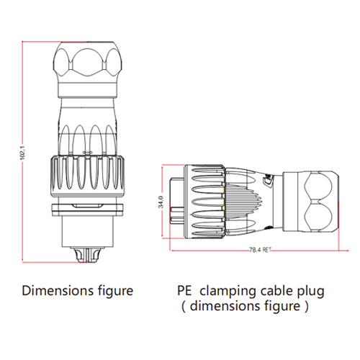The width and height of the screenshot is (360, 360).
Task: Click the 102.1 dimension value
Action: (x=22, y=152)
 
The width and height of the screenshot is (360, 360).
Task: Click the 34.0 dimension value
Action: (x=161, y=202)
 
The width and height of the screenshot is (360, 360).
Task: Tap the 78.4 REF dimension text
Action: (x=260, y=250)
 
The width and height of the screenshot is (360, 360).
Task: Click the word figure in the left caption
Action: (x=116, y=292)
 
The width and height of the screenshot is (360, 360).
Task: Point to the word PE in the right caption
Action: (x=184, y=291)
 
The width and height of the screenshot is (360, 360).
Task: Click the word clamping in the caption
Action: (x=228, y=292)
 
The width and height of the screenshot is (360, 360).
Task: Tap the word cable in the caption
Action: (x=276, y=291)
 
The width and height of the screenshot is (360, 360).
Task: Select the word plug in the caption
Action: (x=311, y=292)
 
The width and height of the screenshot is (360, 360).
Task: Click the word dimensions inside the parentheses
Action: (x=225, y=306)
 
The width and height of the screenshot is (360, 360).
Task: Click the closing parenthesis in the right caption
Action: (x=306, y=307)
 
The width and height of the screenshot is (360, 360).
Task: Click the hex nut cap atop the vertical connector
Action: (x=88, y=63)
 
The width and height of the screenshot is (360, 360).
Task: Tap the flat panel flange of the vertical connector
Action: (x=88, y=210)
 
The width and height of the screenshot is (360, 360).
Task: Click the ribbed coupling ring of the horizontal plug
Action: (x=204, y=202)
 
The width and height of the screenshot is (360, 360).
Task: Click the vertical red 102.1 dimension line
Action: (x=22, y=152)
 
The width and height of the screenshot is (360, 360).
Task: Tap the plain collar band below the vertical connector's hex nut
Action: (x=88, y=91)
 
